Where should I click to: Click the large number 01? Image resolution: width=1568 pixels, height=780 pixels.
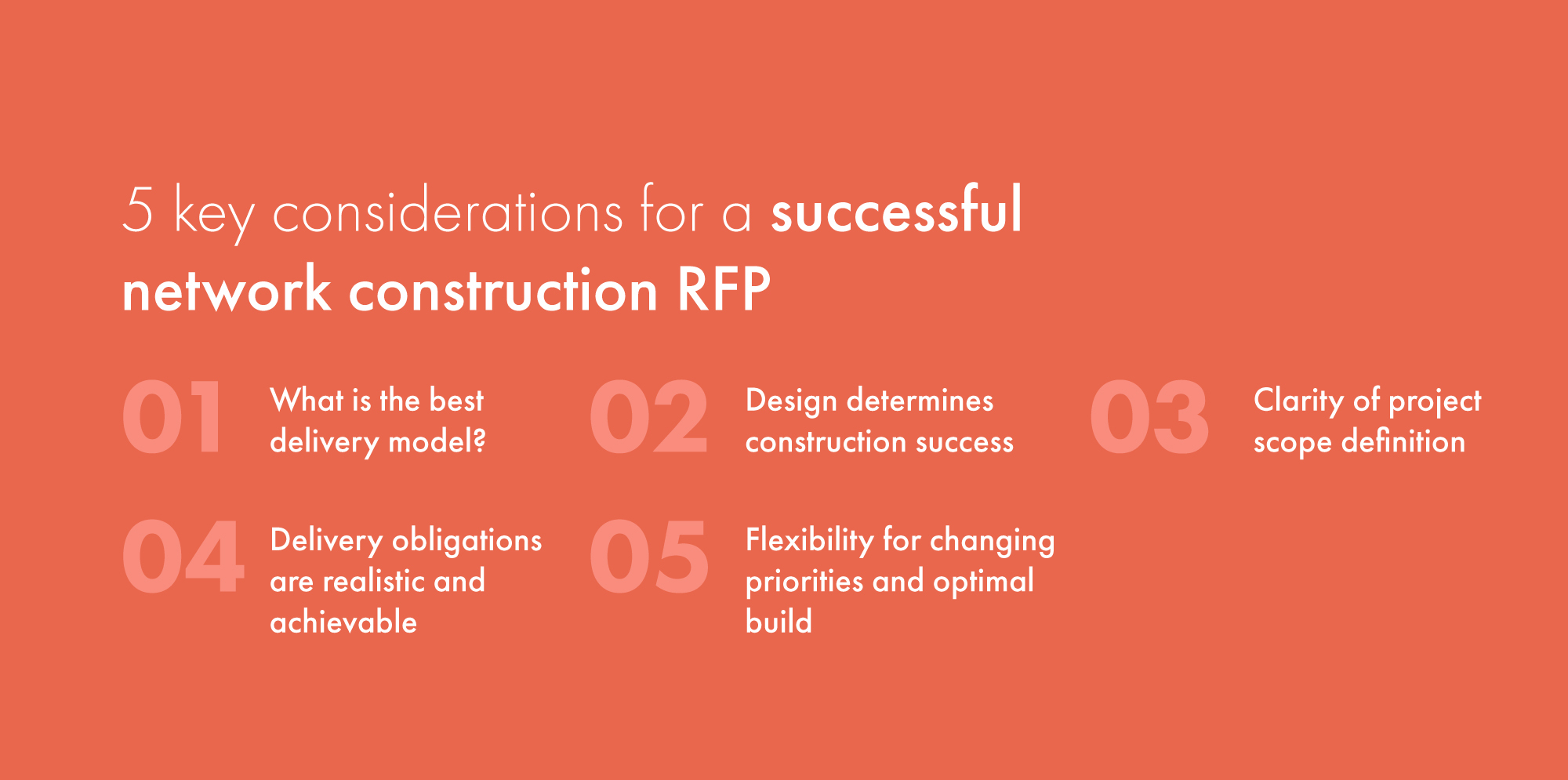pyautogui.click(x=172, y=417)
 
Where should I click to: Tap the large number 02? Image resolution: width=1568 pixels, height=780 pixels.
pyautogui.click(x=649, y=417)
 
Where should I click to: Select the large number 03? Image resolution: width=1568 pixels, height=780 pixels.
pyautogui.click(x=1149, y=417)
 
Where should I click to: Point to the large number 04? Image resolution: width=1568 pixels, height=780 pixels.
pyautogui.click(x=183, y=557)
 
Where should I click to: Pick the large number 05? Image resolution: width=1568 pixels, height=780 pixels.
pyautogui.click(x=649, y=557)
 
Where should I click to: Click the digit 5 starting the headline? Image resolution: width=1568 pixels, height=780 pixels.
pyautogui.click(x=138, y=209)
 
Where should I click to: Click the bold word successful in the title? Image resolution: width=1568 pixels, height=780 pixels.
pyautogui.click(x=897, y=209)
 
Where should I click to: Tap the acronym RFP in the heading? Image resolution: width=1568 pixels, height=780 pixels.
pyautogui.click(x=724, y=289)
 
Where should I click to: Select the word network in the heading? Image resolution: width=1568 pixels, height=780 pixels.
pyautogui.click(x=227, y=289)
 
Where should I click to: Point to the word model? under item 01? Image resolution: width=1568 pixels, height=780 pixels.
pyautogui.click(x=437, y=442)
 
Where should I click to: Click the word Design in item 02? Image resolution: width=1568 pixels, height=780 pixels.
pyautogui.click(x=791, y=401)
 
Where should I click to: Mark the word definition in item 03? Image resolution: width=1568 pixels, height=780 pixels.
pyautogui.click(x=1403, y=441)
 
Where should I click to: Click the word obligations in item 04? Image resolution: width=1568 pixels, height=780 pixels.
pyautogui.click(x=466, y=541)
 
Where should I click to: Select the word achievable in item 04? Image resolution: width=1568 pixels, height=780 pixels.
pyautogui.click(x=343, y=622)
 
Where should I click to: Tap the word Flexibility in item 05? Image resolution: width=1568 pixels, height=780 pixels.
pyautogui.click(x=809, y=541)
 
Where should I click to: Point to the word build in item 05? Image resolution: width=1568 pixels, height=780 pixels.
pyautogui.click(x=779, y=622)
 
